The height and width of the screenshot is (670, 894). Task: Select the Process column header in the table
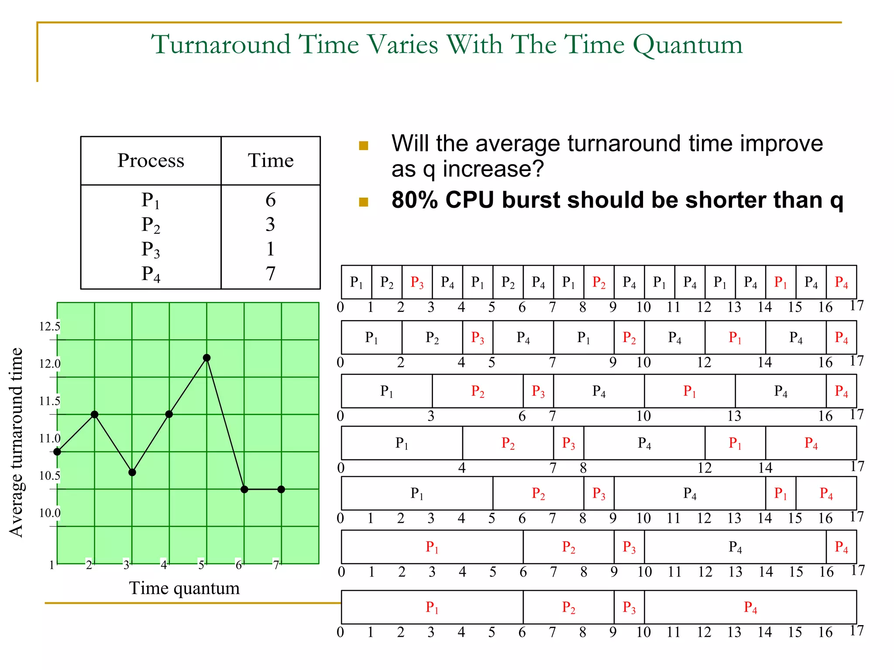tap(151, 161)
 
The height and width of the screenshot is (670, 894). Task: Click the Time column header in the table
tap(271, 161)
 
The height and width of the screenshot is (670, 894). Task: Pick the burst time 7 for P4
tap(271, 274)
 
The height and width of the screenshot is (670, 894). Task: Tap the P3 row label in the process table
tap(151, 250)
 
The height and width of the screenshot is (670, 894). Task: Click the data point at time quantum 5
tap(207, 358)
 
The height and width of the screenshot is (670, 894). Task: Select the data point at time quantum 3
tap(132, 472)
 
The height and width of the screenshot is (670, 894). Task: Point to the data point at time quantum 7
tap(281, 489)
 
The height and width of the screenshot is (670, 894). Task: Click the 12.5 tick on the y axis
tap(49, 327)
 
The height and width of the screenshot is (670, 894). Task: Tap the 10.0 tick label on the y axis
tap(49, 513)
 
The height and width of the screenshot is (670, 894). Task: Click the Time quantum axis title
tap(184, 588)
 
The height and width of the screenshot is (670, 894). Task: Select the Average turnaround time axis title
tap(16, 442)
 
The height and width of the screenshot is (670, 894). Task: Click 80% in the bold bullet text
tap(414, 200)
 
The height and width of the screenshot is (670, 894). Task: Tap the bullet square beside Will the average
tap(363, 146)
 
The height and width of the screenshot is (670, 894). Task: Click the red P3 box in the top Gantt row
tap(417, 282)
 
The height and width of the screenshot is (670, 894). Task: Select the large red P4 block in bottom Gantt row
tap(750, 607)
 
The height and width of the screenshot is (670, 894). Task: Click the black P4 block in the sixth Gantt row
tap(735, 547)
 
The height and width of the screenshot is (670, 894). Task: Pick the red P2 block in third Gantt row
tap(478, 391)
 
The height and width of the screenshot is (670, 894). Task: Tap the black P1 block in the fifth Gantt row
tap(417, 493)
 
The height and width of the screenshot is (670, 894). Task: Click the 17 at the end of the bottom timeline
tap(856, 630)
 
